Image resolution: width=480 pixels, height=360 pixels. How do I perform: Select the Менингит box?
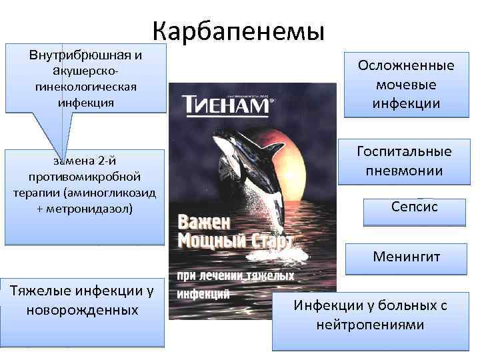[x=406, y=256]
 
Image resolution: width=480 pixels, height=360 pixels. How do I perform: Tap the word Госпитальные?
[x=405, y=151]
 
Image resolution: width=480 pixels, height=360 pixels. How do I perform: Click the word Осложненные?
[x=406, y=66]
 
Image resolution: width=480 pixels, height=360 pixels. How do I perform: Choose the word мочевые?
[x=406, y=85]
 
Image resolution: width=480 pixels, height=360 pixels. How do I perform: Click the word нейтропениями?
[x=371, y=325]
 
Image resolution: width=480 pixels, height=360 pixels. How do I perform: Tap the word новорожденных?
[x=83, y=310]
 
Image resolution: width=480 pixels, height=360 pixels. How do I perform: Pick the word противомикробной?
[x=83, y=176]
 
